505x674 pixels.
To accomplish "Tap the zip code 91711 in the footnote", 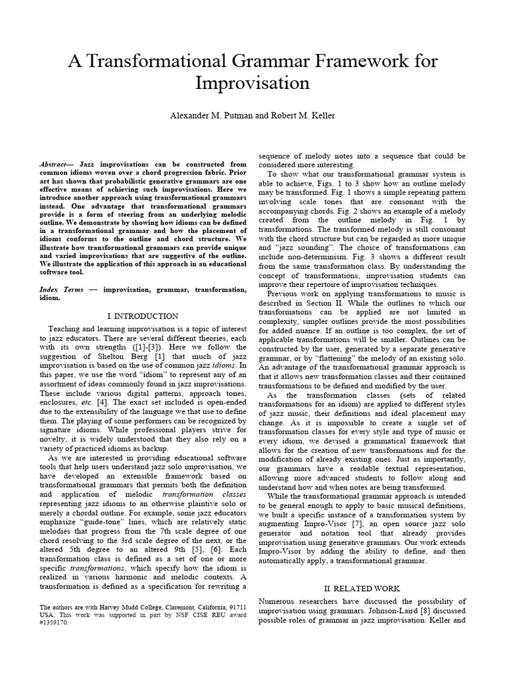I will click(235, 606).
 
